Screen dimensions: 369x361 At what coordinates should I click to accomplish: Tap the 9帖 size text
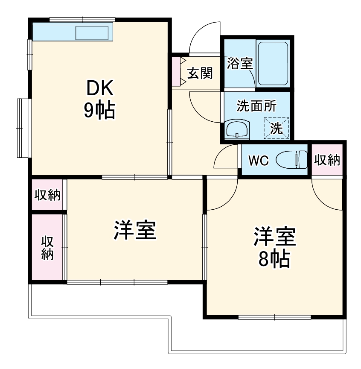tap(99, 111)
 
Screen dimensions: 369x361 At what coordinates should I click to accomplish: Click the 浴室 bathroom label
tap(239, 64)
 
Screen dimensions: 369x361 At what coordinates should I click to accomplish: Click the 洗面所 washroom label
tap(256, 106)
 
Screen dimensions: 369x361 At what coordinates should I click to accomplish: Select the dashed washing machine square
tap(277, 128)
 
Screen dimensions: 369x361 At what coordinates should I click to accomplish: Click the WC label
tap(258, 161)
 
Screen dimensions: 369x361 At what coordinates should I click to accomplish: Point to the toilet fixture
tap(293, 160)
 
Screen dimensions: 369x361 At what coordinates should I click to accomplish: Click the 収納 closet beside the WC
tap(327, 160)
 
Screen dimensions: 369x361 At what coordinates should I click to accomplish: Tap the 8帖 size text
tap(275, 258)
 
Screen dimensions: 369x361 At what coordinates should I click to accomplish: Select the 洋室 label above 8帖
tap(275, 237)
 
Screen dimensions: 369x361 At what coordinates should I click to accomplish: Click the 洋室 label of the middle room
tap(134, 230)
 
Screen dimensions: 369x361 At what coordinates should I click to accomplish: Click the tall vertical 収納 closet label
tap(47, 248)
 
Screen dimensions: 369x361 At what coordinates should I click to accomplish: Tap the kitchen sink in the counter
tap(93, 33)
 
